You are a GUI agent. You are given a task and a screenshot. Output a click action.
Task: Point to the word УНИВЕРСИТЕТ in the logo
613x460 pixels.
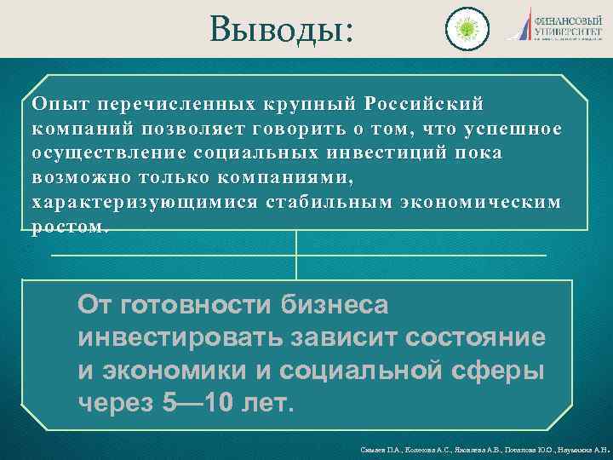click(568, 30)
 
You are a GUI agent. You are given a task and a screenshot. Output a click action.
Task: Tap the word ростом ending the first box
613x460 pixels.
click(68, 227)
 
